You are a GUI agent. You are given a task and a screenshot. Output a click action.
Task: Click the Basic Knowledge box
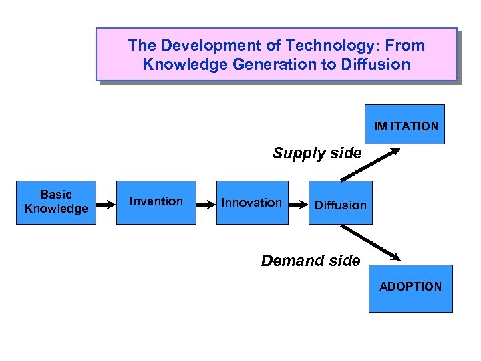tap(56, 202)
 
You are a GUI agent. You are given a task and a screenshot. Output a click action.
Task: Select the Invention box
tap(156, 202)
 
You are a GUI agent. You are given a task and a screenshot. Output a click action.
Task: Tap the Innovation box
tap(252, 202)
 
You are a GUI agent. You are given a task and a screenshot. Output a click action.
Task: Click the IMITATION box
tap(406, 124)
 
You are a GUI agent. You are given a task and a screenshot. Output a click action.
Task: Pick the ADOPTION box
tap(410, 288)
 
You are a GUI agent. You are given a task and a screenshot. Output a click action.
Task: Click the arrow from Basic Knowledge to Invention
tap(106, 203)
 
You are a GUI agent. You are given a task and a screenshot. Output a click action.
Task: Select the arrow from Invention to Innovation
tap(206, 203)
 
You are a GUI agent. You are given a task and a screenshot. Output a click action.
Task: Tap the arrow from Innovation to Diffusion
tap(298, 203)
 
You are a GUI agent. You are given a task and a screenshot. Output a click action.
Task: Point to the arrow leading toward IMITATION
tap(371, 164)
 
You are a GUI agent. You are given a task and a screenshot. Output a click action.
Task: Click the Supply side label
tap(317, 153)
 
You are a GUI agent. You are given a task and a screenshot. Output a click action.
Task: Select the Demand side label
tap(311, 261)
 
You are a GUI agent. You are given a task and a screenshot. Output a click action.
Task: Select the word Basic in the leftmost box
tap(56, 195)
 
